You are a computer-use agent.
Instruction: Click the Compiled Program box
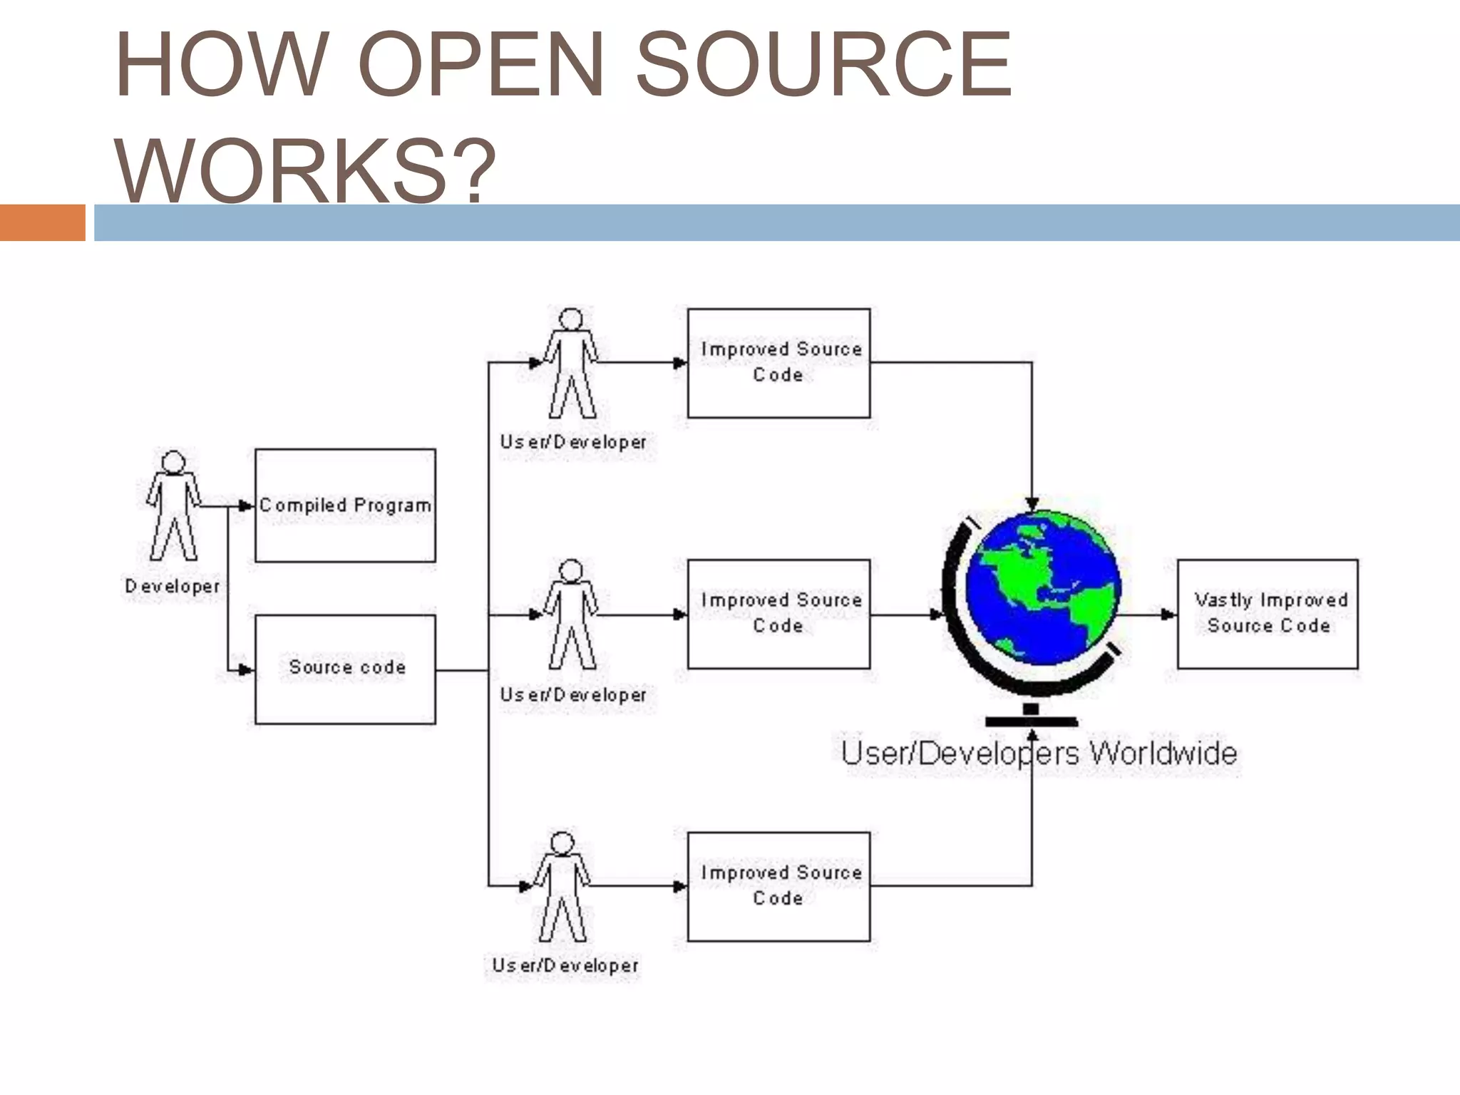(345, 505)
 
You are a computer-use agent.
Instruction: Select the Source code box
(345, 669)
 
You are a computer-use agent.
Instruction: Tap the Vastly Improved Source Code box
(1268, 614)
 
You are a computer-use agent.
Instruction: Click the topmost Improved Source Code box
(778, 363)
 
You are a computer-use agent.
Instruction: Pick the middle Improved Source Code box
(778, 614)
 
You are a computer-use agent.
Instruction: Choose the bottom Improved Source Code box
(778, 886)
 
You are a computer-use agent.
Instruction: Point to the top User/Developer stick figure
(571, 363)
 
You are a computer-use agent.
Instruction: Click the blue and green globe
(1042, 588)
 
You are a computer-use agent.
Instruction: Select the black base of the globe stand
(1031, 721)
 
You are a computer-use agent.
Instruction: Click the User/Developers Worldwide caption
(1039, 754)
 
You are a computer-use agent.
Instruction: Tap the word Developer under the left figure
(172, 586)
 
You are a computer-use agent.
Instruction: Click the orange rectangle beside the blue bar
(42, 222)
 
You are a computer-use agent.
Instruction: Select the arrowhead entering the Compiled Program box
(247, 505)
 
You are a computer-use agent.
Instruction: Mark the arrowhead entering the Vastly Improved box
(1169, 614)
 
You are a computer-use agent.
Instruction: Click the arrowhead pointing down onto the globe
(1032, 504)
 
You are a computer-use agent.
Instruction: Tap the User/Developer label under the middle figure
(573, 694)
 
